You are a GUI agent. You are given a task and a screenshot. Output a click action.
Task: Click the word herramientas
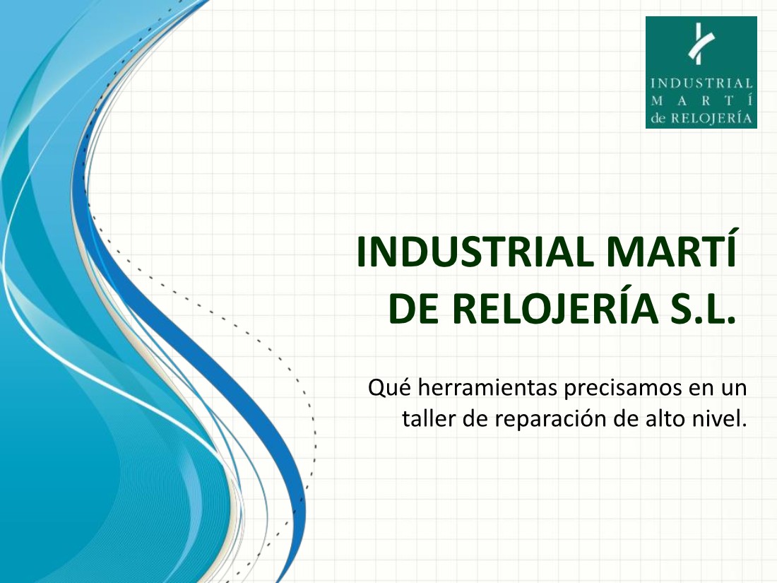click(487, 388)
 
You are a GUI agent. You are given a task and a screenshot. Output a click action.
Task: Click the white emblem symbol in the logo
click(701, 44)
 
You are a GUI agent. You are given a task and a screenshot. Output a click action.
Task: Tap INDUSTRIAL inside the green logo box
click(701, 83)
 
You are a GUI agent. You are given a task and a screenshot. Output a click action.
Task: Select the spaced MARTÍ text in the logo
click(701, 100)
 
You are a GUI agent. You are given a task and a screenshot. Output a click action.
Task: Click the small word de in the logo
click(658, 118)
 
